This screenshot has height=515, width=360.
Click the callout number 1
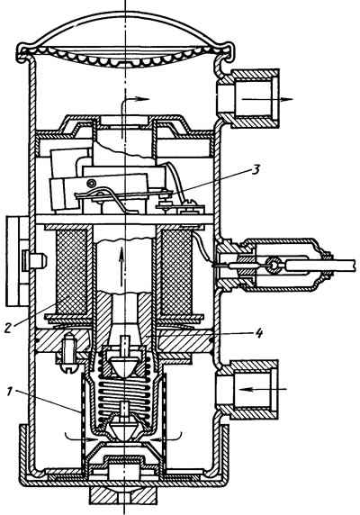[x=10, y=391]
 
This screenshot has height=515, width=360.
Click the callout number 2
[x=9, y=327]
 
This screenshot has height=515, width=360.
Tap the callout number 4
[x=259, y=333]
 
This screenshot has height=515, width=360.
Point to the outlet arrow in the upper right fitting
[x=266, y=99]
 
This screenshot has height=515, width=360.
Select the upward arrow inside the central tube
[x=121, y=267]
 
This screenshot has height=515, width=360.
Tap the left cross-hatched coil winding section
[x=72, y=271]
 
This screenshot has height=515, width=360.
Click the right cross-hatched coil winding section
[x=177, y=271]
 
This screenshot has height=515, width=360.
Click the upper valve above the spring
[x=124, y=362]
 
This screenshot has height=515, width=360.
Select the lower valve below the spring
[x=124, y=429]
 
